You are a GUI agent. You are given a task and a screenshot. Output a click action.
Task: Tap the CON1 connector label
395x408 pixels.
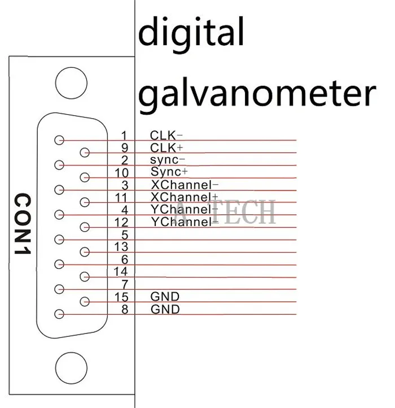tap(23, 224)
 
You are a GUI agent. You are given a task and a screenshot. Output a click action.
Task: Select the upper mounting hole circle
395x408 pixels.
tap(71, 83)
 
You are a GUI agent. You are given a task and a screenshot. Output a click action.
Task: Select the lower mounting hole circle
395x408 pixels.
tap(71, 368)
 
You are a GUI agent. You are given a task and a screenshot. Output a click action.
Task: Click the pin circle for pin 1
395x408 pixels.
tap(59, 140)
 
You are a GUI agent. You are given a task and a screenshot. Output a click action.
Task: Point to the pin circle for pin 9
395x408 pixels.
tap(85, 152)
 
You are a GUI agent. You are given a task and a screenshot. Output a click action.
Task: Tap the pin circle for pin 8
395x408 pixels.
tap(59, 314)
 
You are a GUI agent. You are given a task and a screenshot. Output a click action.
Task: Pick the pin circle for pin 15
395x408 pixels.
tap(85, 302)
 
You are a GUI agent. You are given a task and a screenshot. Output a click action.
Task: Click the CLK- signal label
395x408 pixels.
tap(166, 136)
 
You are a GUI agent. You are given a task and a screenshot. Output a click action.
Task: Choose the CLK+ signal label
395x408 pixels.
tap(166, 148)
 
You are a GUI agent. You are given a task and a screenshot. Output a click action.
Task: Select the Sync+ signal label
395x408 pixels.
tap(169, 172)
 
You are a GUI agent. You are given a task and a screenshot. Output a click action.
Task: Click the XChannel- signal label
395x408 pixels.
tap(185, 185)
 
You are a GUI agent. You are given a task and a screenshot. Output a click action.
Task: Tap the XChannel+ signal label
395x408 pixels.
tap(185, 197)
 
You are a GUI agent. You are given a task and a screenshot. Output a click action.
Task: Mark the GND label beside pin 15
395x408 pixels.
tap(165, 296)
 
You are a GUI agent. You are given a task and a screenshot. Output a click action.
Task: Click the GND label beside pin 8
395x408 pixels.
tap(165, 309)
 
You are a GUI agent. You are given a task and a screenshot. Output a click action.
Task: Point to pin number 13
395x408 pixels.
tap(121, 247)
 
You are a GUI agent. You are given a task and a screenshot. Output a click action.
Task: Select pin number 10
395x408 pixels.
tap(122, 173)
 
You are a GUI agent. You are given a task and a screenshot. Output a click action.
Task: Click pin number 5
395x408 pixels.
tap(125, 235)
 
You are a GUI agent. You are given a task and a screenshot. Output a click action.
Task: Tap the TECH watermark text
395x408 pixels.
tap(243, 211)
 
